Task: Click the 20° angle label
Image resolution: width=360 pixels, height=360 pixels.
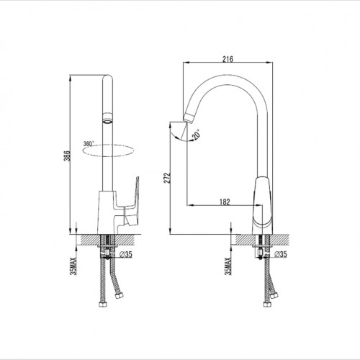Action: [x=197, y=134]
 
